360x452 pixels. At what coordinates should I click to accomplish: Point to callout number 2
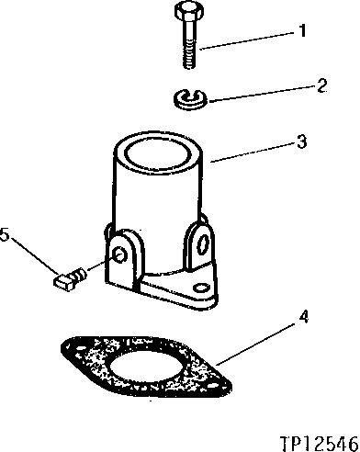click(x=321, y=87)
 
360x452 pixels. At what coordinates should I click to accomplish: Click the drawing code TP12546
click(x=317, y=440)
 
